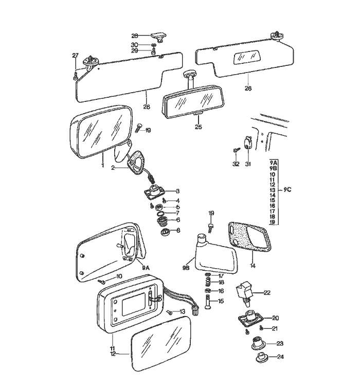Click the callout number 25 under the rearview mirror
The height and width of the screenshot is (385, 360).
click(x=199, y=127)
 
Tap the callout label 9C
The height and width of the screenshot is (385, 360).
click(x=287, y=190)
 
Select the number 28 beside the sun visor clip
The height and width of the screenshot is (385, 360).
click(x=135, y=36)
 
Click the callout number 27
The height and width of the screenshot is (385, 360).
click(x=75, y=56)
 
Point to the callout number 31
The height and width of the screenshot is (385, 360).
click(x=248, y=164)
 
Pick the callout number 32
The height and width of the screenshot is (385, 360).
click(x=236, y=164)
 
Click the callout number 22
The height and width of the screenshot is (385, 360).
click(x=267, y=293)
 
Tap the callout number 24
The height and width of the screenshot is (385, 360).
click(x=280, y=357)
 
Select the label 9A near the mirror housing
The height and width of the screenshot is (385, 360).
click(x=146, y=268)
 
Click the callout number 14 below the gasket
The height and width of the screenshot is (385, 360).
click(x=253, y=266)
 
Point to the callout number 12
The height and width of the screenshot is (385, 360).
click(x=113, y=354)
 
